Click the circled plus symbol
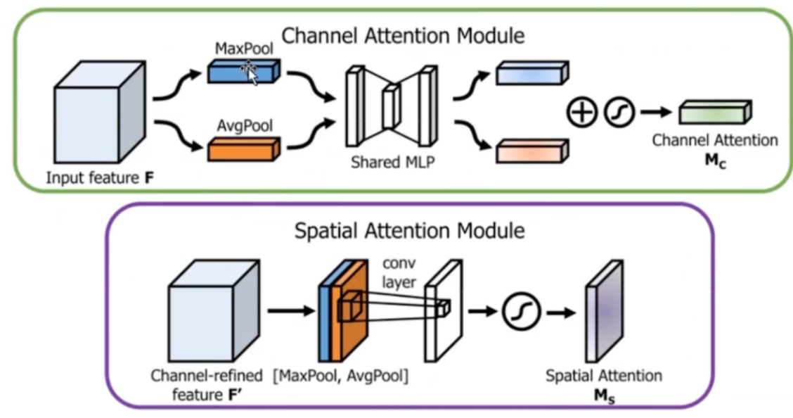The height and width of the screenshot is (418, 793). pos(581,111)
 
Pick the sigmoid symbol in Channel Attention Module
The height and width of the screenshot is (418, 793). pos(620,111)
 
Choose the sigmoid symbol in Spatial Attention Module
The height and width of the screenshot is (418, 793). pos(521,310)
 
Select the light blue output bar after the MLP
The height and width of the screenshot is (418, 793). pos(531,73)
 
